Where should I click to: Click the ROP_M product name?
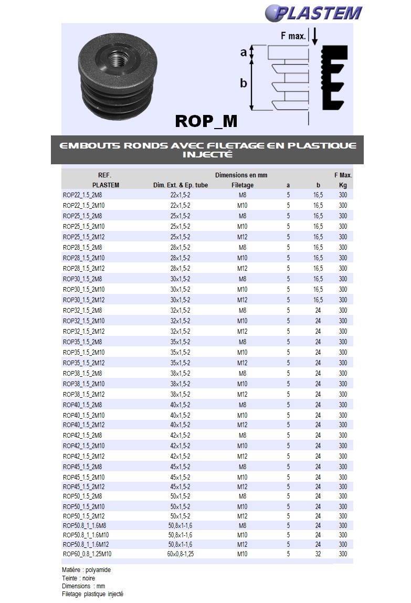(206, 121)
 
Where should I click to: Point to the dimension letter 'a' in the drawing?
(243, 52)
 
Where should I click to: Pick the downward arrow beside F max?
(315, 36)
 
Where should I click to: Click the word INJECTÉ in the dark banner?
(208, 155)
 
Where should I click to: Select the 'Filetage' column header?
(242, 185)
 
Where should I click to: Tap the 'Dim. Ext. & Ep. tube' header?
(180, 185)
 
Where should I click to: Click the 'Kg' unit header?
(343, 185)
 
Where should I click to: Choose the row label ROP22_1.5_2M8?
(82, 195)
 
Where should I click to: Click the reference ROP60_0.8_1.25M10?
(87, 554)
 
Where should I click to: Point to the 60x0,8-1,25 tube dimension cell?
(181, 554)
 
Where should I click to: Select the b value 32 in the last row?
(318, 554)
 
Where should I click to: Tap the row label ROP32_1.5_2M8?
(82, 311)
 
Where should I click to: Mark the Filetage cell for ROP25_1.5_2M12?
(242, 237)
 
